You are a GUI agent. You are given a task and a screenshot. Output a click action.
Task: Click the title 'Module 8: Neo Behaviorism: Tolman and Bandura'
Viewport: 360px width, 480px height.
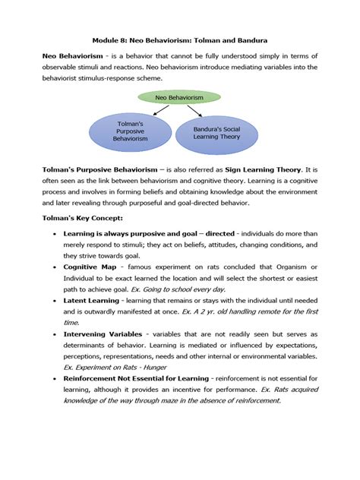pyautogui.click(x=179, y=38)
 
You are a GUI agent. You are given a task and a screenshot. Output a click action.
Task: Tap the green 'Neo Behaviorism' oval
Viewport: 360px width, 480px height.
pyautogui.click(x=179, y=97)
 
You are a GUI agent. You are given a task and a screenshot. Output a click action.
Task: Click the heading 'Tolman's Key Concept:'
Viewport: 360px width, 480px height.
pyautogui.click(x=81, y=217)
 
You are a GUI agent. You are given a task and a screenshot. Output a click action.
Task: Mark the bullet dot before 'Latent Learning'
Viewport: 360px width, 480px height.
pyautogui.click(x=52, y=301)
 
